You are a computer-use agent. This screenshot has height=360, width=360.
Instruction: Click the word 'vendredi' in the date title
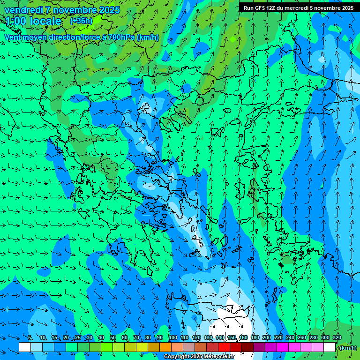[23, 10]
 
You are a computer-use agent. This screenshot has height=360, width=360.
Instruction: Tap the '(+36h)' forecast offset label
[81, 21]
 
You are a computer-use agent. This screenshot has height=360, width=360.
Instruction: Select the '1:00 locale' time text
[33, 21]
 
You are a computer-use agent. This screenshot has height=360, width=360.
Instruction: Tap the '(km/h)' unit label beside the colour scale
[347, 348]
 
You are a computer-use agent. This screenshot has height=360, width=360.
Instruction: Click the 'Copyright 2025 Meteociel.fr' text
[199, 357]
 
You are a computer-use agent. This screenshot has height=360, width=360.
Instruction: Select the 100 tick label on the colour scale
[173, 337]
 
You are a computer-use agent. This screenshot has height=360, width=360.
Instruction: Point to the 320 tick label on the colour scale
[337, 337]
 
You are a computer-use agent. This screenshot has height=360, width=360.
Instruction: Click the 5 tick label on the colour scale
[30, 337]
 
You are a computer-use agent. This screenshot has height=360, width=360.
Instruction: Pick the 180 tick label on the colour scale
[255, 337]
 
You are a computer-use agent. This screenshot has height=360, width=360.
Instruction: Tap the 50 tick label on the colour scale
[113, 337]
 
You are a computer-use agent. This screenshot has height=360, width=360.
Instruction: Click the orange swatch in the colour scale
[165, 347]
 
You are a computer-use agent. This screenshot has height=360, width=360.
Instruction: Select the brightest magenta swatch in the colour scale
[283, 347]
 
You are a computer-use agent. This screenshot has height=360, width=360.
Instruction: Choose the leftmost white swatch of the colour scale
[25, 347]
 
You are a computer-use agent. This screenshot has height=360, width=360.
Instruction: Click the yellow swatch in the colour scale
[142, 347]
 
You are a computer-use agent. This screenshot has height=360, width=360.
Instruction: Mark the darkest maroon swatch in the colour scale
[247, 347]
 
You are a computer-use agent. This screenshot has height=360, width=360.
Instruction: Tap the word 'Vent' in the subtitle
[13, 37]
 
